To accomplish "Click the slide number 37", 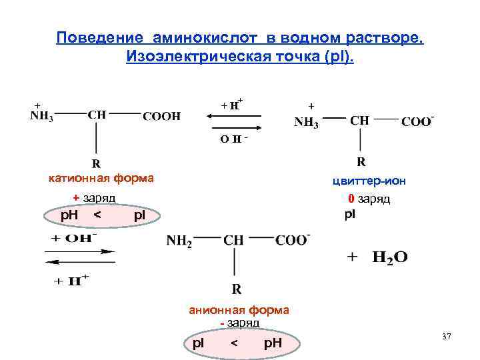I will (x=446, y=337).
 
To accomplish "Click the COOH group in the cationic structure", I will (x=162, y=115).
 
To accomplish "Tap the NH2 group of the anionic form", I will (x=179, y=241).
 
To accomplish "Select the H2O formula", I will (x=389, y=257).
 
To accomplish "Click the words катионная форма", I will (x=101, y=178).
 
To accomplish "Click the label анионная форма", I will (x=239, y=309).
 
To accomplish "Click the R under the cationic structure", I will (x=97, y=163).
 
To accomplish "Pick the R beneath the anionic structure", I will (x=236, y=289).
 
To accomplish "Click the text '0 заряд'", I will (x=369, y=199).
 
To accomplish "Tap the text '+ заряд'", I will (x=94, y=197).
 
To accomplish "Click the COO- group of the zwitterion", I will (x=418, y=122).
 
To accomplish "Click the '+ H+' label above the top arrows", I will (x=231, y=103).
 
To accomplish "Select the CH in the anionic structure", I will (x=233, y=240).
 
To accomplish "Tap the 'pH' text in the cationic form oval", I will (x=69, y=215).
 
